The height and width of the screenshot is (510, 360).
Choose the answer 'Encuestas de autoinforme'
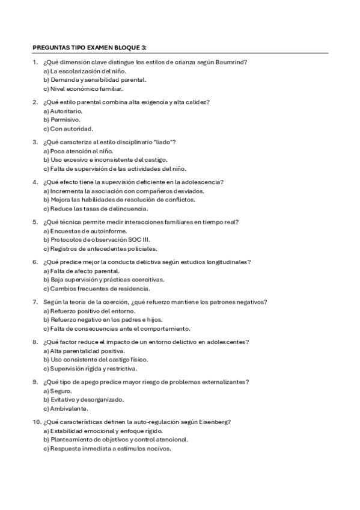tap(82, 230)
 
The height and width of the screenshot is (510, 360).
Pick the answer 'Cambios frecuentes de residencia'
tap(97, 288)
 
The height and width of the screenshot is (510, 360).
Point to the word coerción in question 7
tap(112, 301)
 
